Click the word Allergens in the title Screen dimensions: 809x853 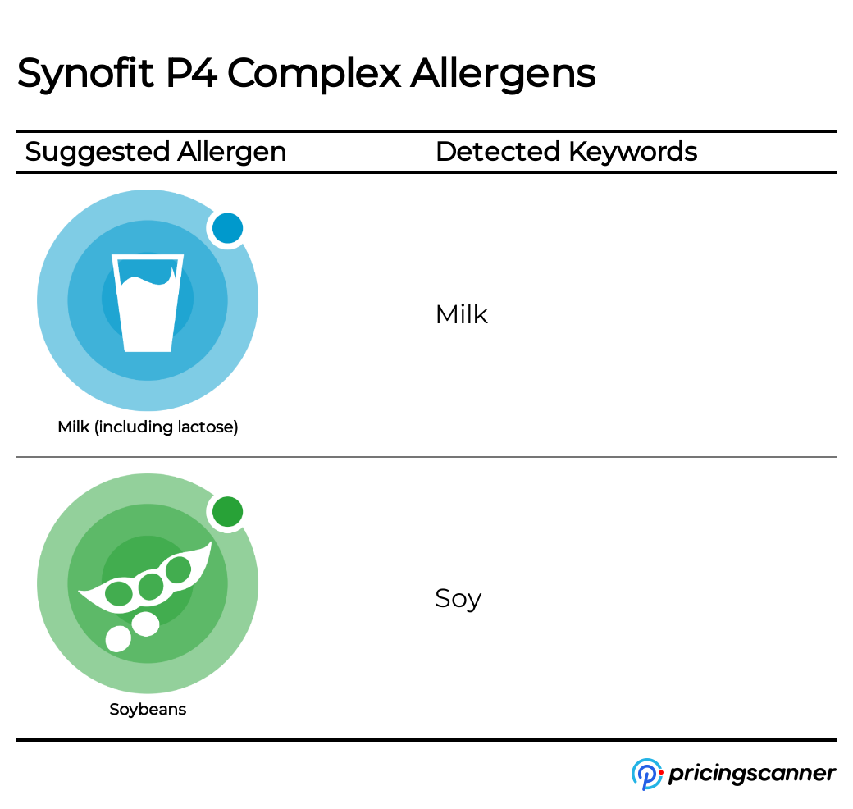503,75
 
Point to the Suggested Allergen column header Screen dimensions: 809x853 156,152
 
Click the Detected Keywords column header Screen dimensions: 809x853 566,152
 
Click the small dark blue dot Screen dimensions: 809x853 227,229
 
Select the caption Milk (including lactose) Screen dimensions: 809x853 148,427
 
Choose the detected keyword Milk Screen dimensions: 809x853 461,314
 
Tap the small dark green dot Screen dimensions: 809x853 227,512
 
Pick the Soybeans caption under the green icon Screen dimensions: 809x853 148,710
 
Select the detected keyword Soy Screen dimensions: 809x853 458,599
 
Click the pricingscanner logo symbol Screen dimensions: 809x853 646,774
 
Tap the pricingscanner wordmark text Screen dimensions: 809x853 752,774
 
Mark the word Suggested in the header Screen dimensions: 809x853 96,152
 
